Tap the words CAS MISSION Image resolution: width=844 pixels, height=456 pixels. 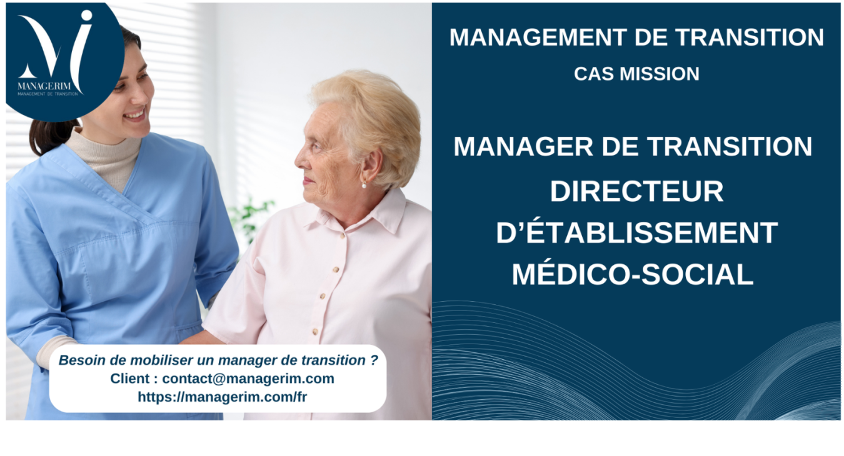(x=636, y=74)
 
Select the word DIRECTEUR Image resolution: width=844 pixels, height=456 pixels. (x=636, y=192)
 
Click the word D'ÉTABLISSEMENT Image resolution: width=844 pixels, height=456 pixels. (x=636, y=233)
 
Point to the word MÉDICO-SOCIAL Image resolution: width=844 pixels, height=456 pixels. (x=633, y=275)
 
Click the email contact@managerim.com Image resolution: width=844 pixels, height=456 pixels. (x=248, y=379)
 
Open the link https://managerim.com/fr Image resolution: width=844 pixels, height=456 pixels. (x=222, y=397)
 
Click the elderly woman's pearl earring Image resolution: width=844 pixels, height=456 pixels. (x=364, y=185)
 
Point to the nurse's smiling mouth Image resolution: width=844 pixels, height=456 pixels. (x=136, y=115)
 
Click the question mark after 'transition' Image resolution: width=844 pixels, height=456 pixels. (x=374, y=360)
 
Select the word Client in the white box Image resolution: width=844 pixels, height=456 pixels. (x=129, y=379)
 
